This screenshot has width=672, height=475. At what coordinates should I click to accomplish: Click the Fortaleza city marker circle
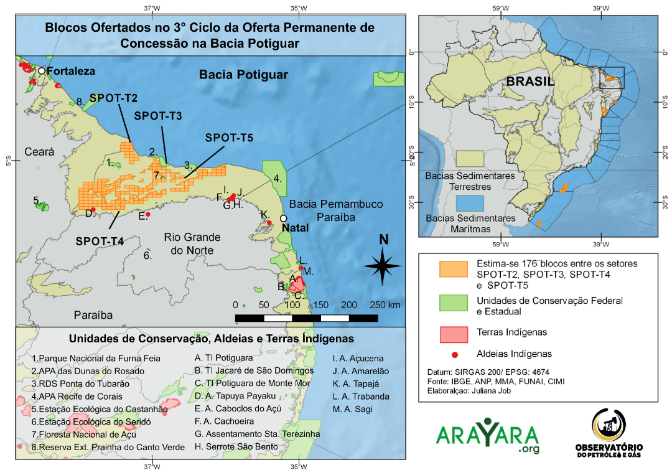click(x=42, y=71)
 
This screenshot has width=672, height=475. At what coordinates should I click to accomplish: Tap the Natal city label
click(x=295, y=228)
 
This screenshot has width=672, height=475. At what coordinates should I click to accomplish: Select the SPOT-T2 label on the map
click(x=114, y=98)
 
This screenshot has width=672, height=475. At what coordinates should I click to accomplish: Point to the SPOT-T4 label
click(x=100, y=240)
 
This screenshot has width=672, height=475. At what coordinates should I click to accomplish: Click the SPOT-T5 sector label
click(x=229, y=138)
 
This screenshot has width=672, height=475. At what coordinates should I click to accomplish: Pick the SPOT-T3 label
click(x=158, y=116)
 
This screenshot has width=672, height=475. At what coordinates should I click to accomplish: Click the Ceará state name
click(x=40, y=152)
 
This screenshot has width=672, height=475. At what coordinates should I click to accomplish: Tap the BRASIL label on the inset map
click(x=530, y=82)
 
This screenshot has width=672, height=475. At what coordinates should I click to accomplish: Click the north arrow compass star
click(x=383, y=265)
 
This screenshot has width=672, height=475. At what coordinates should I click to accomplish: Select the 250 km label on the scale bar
click(x=385, y=305)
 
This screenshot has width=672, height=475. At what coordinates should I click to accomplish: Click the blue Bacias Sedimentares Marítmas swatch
click(x=470, y=203)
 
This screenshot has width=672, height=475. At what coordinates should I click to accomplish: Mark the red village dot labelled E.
click(x=148, y=214)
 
